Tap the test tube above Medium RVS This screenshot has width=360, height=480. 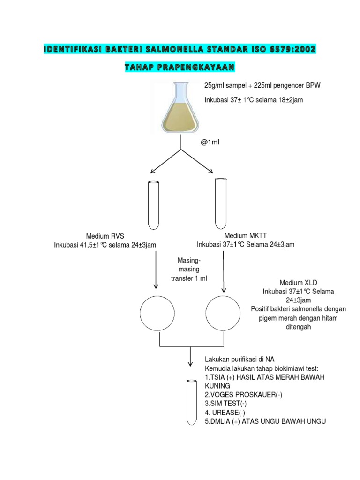[x=154, y=204]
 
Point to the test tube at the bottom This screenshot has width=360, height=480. [x=191, y=402]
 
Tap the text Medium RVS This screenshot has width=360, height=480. [x=105, y=236]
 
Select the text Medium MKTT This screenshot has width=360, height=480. [x=245, y=235]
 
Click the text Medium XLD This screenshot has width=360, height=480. [x=298, y=283]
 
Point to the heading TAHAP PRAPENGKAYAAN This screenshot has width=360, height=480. [x=180, y=68]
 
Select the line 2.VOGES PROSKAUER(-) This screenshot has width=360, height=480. [x=243, y=395]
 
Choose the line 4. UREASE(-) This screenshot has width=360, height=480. [x=225, y=412]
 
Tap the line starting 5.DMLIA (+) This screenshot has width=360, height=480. [x=265, y=421]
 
